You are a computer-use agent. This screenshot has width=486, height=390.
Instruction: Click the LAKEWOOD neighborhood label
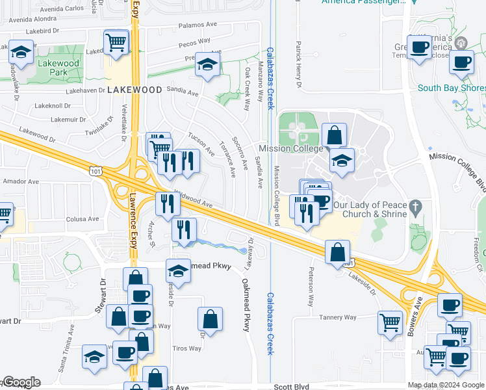tap(134, 89)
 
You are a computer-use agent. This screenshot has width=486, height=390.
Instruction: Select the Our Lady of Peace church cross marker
tap(416, 205)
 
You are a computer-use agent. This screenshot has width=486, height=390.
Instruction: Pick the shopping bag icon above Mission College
tap(333, 136)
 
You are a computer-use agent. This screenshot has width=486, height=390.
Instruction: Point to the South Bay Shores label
tap(451, 88)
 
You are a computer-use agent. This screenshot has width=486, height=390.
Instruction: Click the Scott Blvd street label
tap(291, 387)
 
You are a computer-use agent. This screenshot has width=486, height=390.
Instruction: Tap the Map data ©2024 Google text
tap(446, 385)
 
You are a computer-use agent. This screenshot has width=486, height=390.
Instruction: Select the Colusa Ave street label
tap(81, 219)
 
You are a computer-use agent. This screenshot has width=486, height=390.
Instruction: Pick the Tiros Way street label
tap(186, 348)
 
